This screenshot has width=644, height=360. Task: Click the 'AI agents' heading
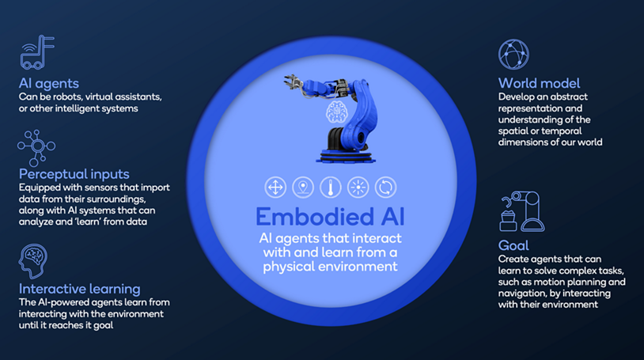[x=48, y=83]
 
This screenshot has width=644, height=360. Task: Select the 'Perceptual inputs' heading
[x=74, y=173]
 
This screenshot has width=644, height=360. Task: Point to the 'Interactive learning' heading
[x=79, y=288]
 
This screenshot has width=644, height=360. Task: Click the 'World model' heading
[x=539, y=83]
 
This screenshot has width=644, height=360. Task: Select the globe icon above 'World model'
[x=513, y=53]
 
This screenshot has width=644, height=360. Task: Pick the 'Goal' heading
[x=513, y=245]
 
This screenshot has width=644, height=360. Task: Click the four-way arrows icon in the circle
[x=275, y=188]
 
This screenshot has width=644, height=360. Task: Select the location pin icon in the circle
[x=302, y=188]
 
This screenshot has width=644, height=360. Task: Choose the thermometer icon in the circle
[x=330, y=188]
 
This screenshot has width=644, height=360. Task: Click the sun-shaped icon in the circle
[x=358, y=188]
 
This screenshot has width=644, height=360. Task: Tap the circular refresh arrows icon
[x=385, y=188]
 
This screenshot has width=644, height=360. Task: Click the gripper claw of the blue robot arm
[x=291, y=85]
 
